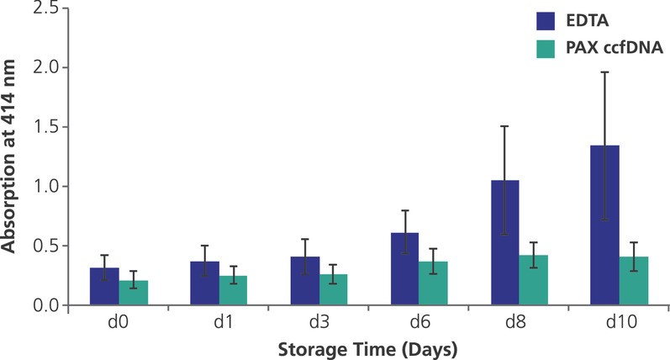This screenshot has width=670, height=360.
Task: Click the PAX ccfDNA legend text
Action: [x=614, y=50]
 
